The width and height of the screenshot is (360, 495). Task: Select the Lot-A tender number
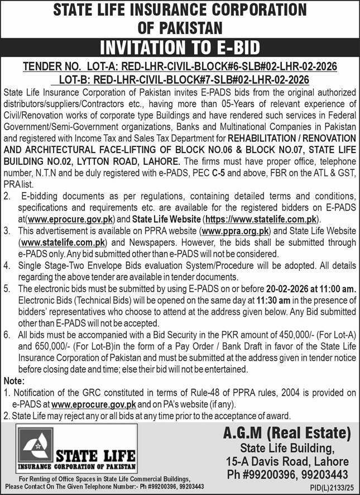(x=180, y=66)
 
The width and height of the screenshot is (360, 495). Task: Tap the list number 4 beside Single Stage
(x=7, y=265)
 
